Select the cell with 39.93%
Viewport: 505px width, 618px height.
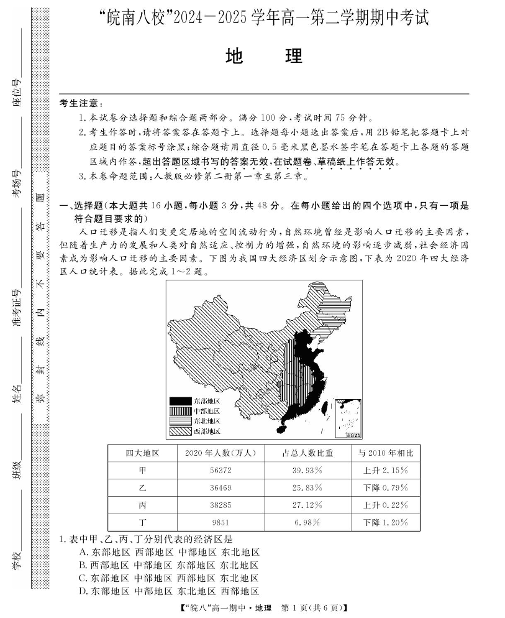point(306,470)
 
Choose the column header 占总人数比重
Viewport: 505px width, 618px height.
point(306,453)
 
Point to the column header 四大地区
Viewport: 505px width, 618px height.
point(142,453)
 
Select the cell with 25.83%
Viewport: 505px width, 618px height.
point(306,487)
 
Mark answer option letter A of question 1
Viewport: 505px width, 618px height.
point(83,552)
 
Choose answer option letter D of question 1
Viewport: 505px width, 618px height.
point(83,591)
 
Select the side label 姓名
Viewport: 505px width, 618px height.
point(18,394)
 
